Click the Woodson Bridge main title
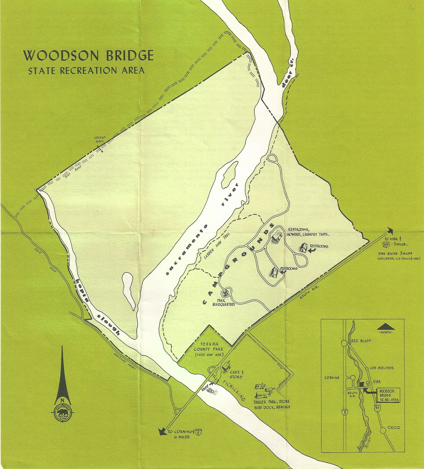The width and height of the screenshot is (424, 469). pos(88,56)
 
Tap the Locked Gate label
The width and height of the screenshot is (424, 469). pos(100,139)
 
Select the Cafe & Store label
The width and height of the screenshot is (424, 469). pos(235,374)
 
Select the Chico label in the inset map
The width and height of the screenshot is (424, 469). pos(393,427)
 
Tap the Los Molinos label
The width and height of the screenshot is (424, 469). pos(381,368)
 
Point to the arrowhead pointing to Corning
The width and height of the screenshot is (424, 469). pos(162,432)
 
